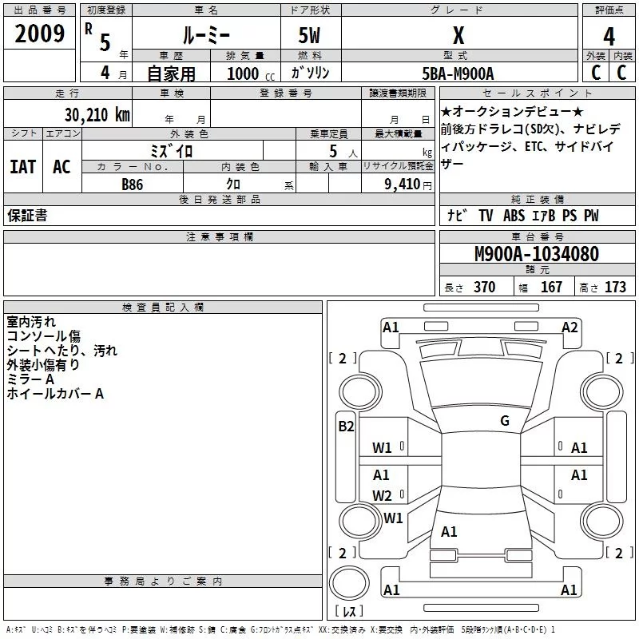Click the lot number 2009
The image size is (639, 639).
[x=40, y=35]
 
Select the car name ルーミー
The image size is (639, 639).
[x=205, y=35]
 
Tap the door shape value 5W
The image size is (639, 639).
[x=311, y=36]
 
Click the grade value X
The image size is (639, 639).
[x=458, y=36]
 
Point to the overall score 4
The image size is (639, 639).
[x=609, y=37]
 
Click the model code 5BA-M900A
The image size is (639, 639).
[x=458, y=73]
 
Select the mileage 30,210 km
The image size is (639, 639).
[x=97, y=115]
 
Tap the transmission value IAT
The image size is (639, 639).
[x=22, y=167]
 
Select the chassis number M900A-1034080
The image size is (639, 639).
[x=536, y=255]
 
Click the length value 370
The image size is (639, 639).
[x=484, y=288]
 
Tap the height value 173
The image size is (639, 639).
[x=615, y=288]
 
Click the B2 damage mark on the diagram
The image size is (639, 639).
[x=346, y=426]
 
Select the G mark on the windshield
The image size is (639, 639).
[x=504, y=421]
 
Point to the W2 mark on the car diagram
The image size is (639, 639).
[x=382, y=495]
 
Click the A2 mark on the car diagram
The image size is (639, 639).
[x=570, y=327]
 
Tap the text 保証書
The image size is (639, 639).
[x=26, y=216]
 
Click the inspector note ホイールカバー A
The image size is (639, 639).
[x=55, y=394]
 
